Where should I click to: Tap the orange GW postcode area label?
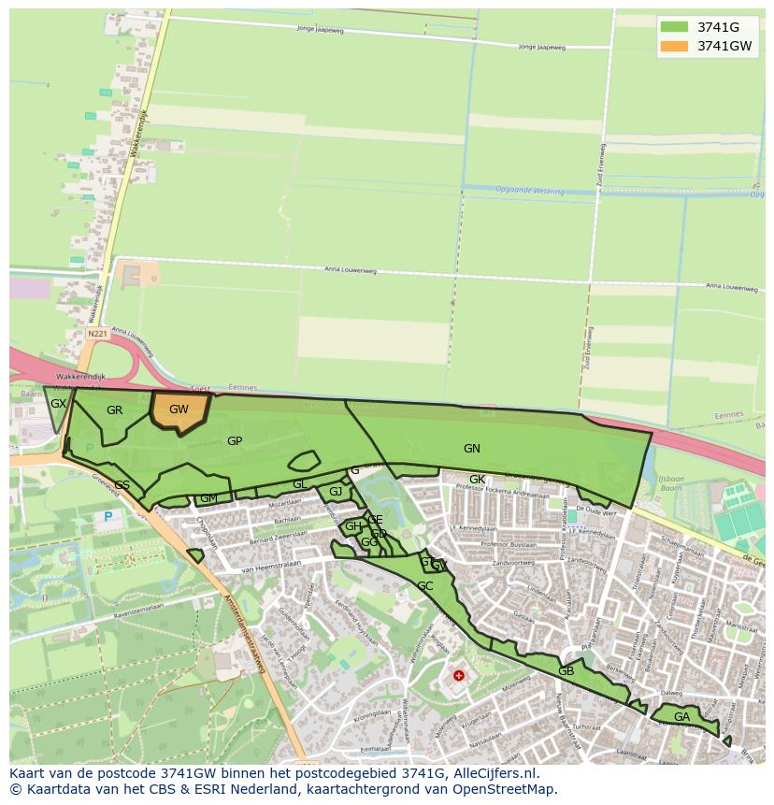coord(179,410)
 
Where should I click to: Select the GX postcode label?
coord(58,404)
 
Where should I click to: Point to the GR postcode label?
coord(115,410)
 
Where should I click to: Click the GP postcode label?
coord(235,441)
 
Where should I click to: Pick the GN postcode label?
coord(472,449)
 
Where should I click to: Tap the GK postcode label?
coord(477,480)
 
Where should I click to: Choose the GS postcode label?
coord(122,484)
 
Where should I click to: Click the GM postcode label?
coord(208,498)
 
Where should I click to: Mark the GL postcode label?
coord(299,484)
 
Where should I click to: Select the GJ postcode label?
coord(336,492)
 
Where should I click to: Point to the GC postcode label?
coord(425,586)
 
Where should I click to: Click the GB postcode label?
coord(566,671)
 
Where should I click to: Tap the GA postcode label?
coord(682,717)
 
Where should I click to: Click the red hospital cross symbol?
coord(459,675)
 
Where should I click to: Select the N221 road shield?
coord(96,333)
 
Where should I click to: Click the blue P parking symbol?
coord(107,516)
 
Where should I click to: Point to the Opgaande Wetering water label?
coord(530,191)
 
